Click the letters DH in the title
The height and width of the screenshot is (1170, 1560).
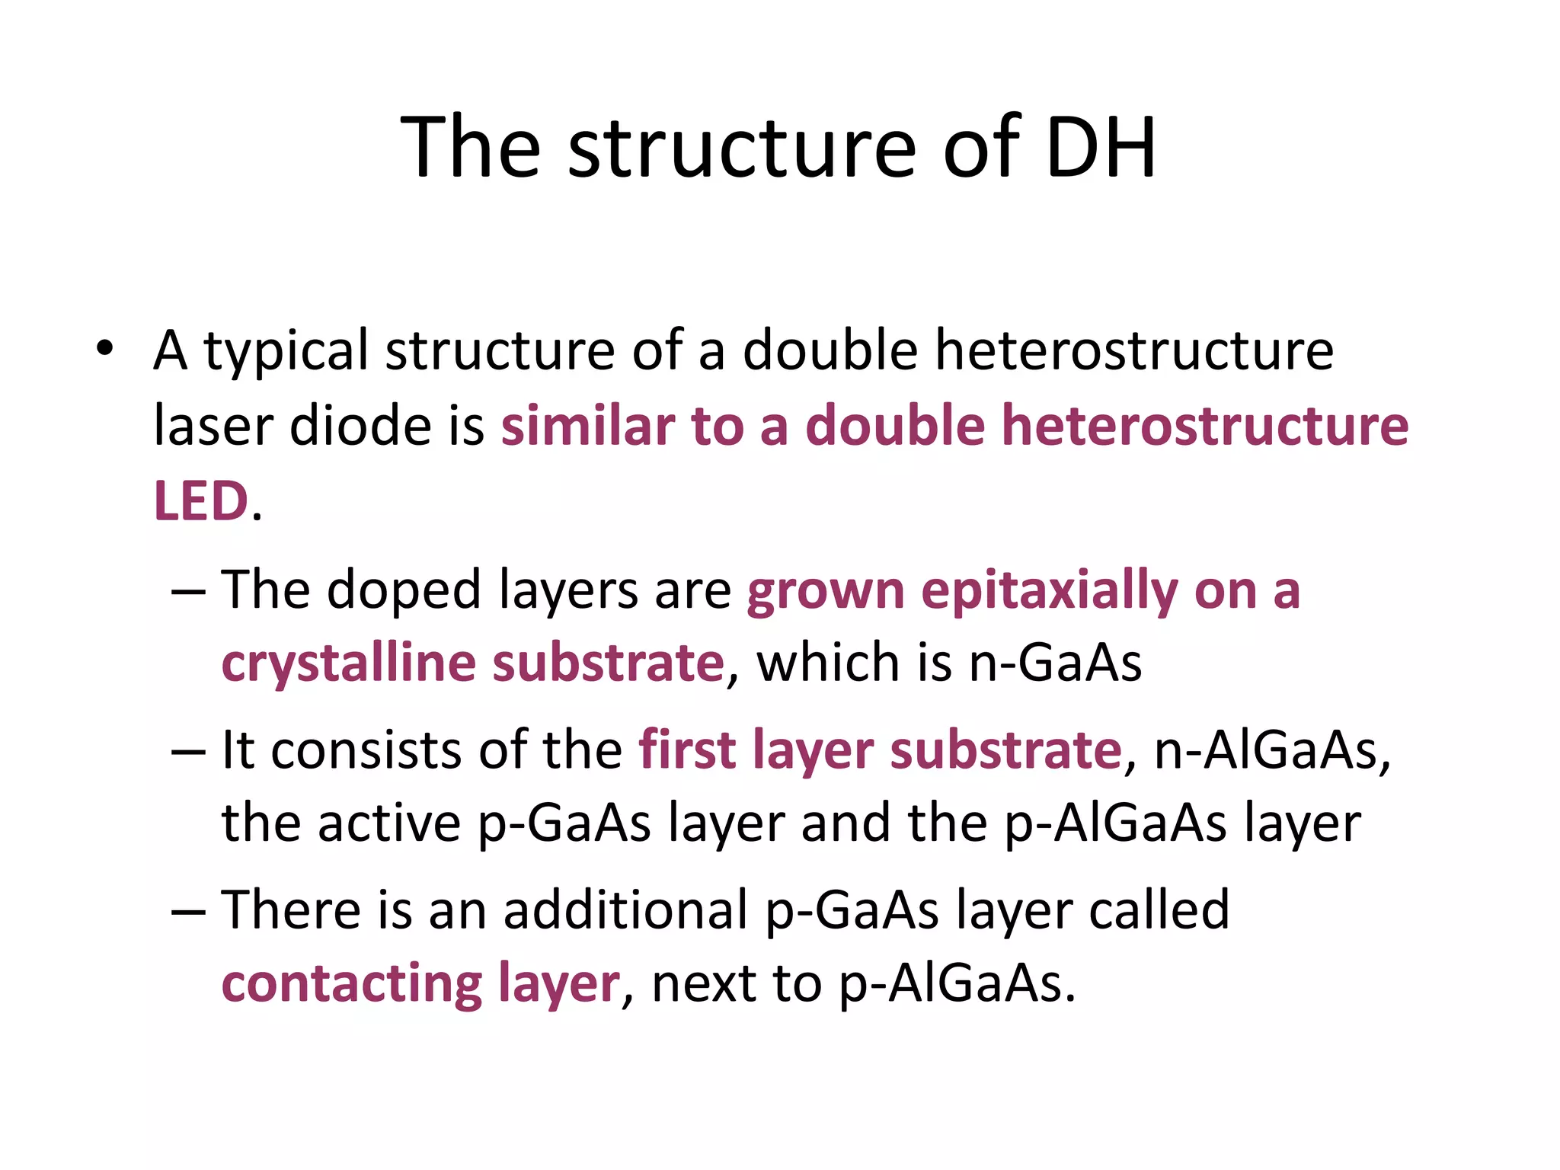pos(1101,147)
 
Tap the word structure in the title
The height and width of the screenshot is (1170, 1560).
pos(743,147)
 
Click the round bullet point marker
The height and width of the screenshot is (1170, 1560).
pos(104,349)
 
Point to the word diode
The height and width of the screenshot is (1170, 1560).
pos(360,425)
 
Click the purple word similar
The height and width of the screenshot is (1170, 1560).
pos(587,425)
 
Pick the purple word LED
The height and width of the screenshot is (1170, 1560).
pos(201,501)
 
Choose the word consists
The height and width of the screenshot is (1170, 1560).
pos(366,750)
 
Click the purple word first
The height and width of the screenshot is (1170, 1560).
pos(686,750)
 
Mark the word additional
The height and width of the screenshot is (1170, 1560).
pos(625,910)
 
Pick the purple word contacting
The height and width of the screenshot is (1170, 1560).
pos(351,983)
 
